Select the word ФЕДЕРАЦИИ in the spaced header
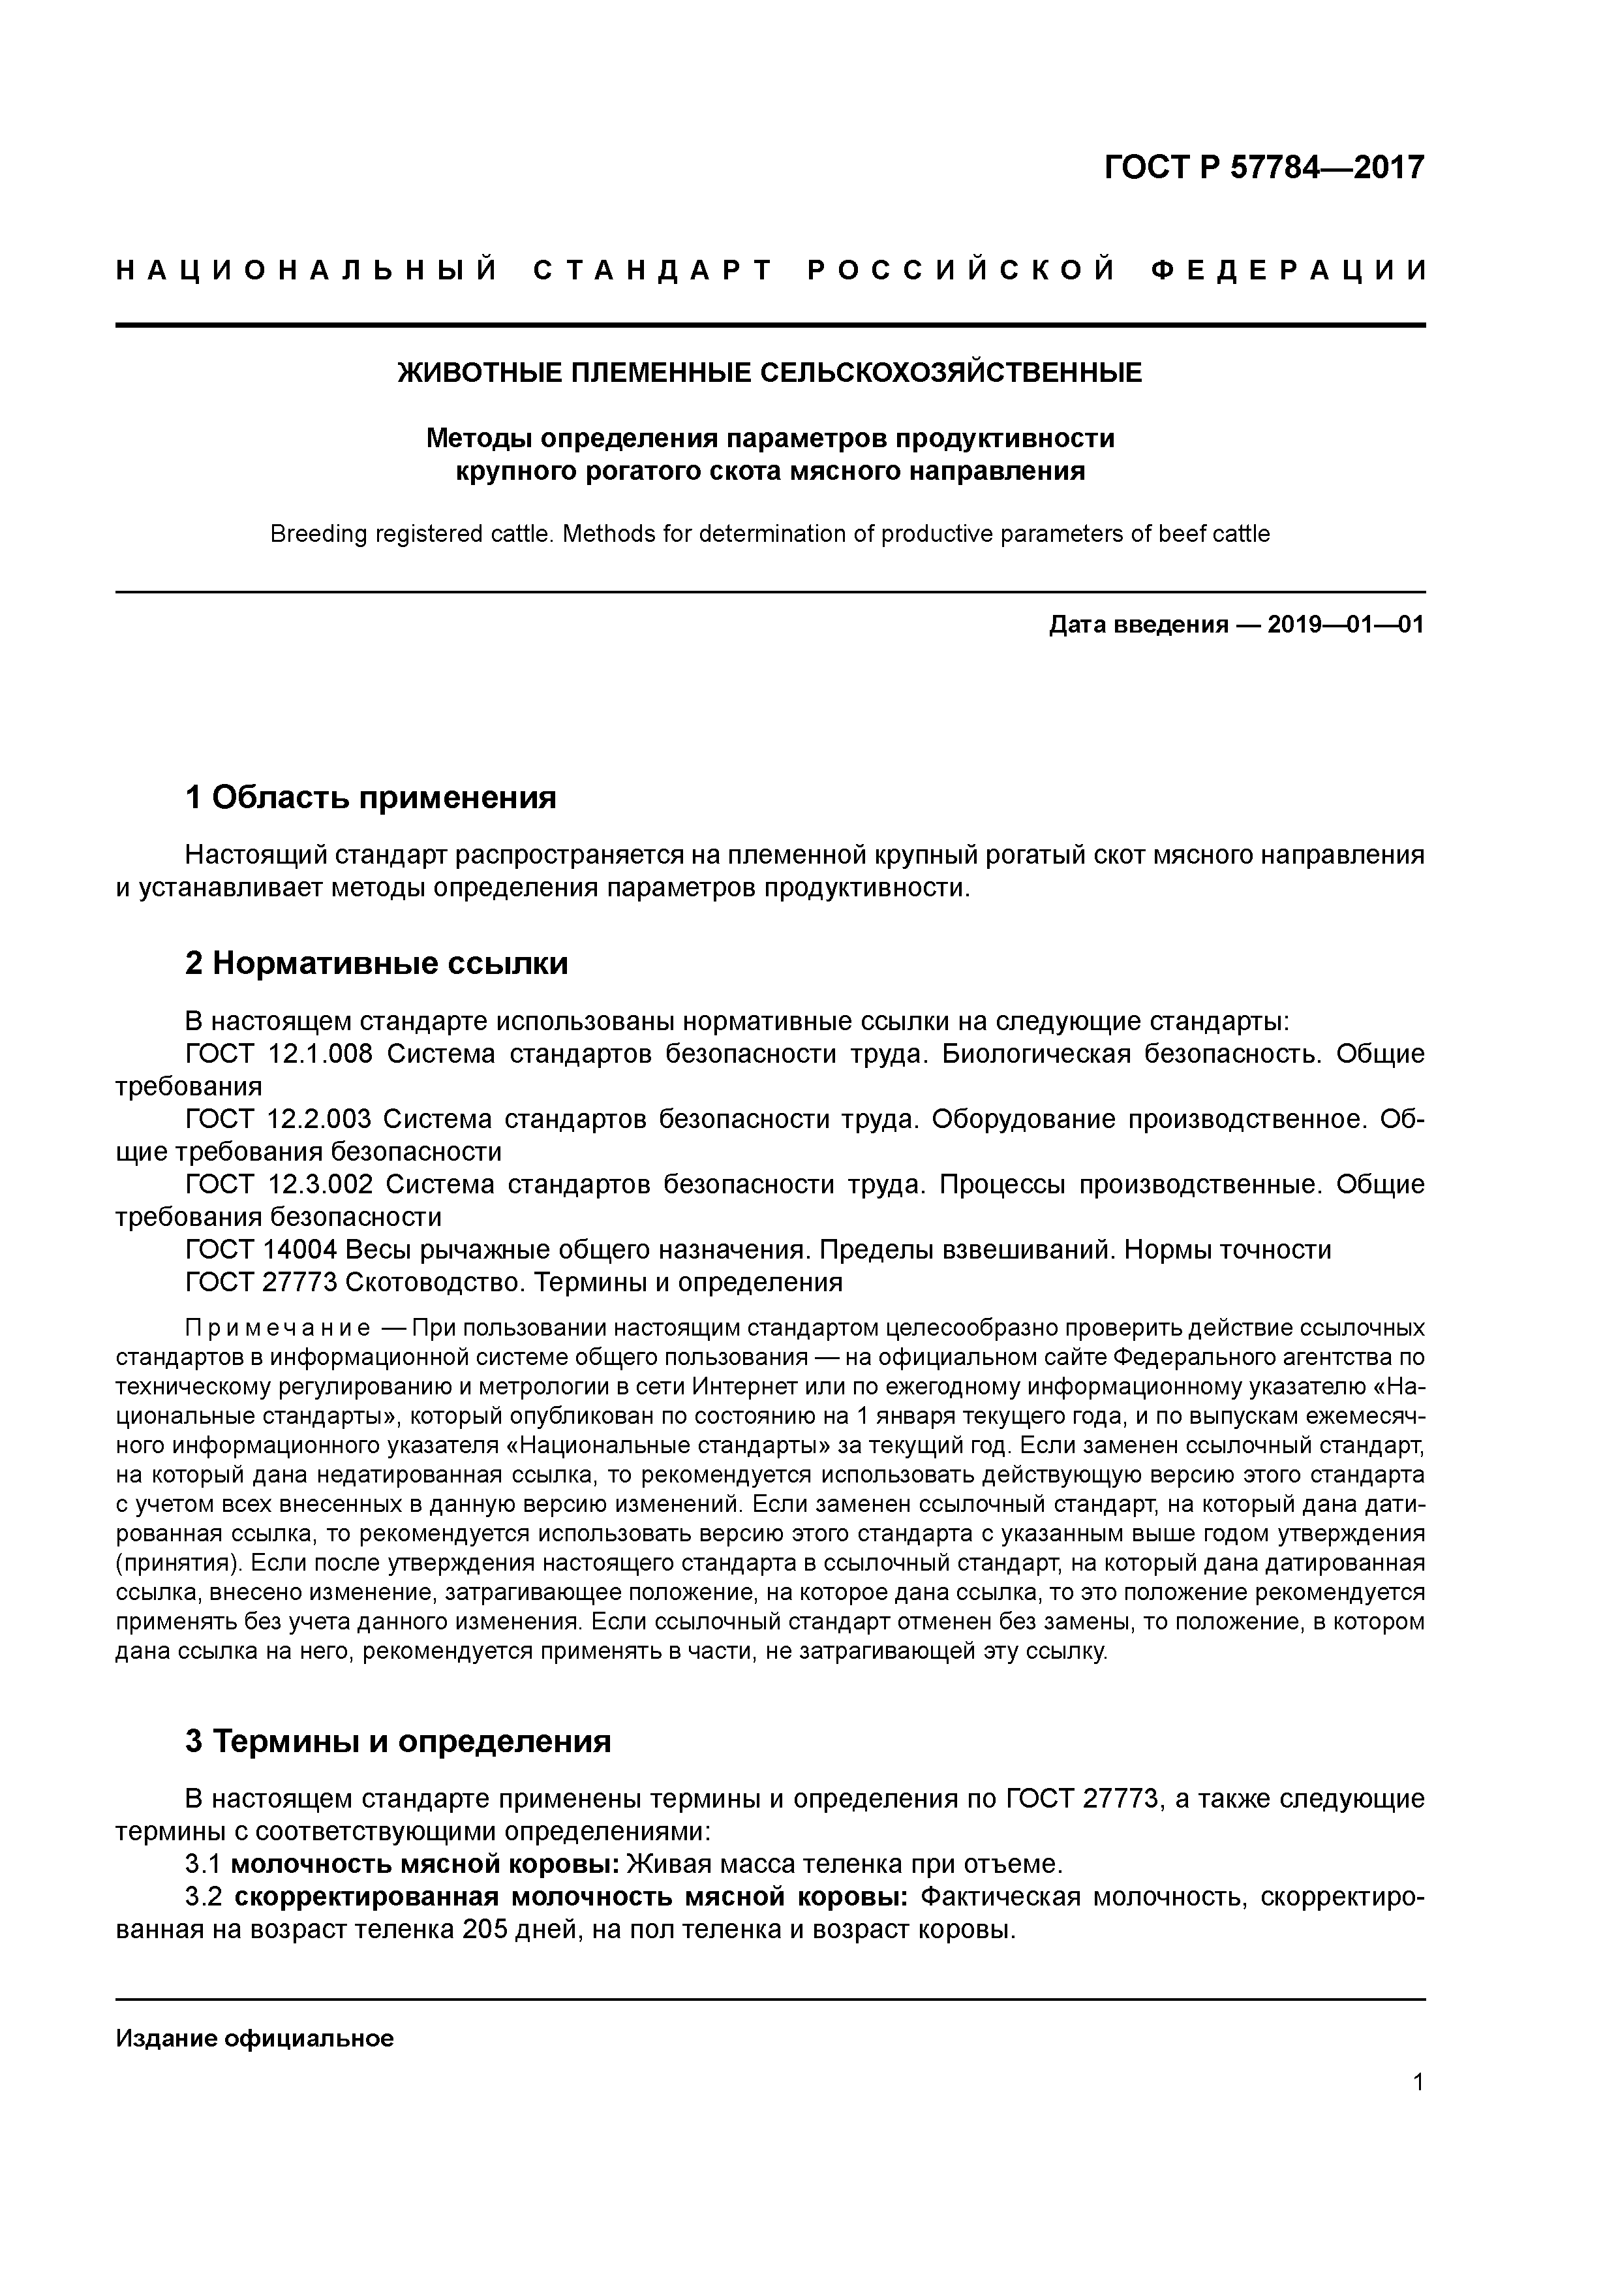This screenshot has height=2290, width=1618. click(x=1287, y=270)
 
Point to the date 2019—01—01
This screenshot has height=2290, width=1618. click(x=1345, y=625)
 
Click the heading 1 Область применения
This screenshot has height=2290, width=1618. click(x=370, y=797)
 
